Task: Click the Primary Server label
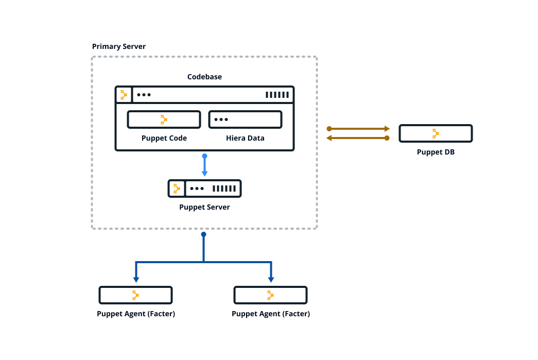click(x=119, y=46)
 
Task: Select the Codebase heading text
click(x=204, y=77)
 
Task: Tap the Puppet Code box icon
click(x=164, y=119)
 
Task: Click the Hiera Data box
click(x=245, y=119)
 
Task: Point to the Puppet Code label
click(x=164, y=138)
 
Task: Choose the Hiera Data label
click(x=245, y=138)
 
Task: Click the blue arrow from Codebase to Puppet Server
click(x=204, y=165)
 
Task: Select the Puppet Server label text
click(x=204, y=207)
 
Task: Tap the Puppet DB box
click(x=436, y=133)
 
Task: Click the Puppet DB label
click(x=436, y=152)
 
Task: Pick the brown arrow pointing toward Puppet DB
click(x=358, y=128)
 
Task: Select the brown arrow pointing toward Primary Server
click(x=358, y=138)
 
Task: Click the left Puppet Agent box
click(x=135, y=295)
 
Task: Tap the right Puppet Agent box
click(x=270, y=295)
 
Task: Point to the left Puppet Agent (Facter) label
click(x=136, y=314)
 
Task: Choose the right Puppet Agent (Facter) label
click(x=271, y=314)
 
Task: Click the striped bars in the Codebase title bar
click(x=277, y=95)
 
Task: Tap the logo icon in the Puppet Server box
click(x=177, y=188)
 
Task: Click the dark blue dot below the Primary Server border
click(x=203, y=234)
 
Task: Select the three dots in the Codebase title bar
click(x=144, y=95)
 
